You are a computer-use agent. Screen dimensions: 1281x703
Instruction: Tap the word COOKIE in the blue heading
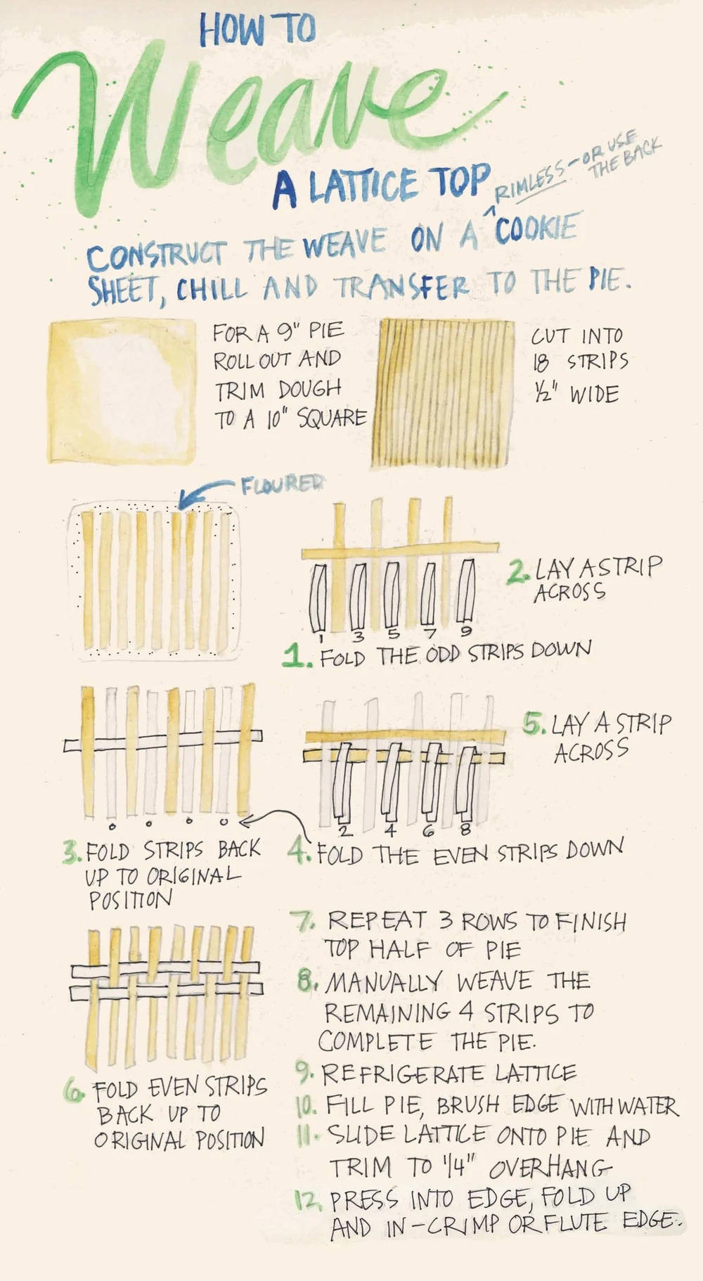click(536, 229)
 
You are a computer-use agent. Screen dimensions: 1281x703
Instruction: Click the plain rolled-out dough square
click(122, 391)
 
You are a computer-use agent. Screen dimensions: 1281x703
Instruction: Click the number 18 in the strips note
click(541, 363)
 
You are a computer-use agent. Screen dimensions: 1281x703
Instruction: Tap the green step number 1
click(296, 657)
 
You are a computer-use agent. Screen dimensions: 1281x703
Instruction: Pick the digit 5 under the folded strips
click(393, 634)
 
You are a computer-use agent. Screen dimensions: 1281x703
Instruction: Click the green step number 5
click(534, 723)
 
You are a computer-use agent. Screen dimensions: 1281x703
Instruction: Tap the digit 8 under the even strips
click(465, 830)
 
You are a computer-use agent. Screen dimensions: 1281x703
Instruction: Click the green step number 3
click(71, 853)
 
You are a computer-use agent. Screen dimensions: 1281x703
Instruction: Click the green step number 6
click(74, 1090)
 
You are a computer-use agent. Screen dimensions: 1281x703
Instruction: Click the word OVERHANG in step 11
click(550, 1168)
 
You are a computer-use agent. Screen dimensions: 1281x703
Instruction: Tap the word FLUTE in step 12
click(575, 1223)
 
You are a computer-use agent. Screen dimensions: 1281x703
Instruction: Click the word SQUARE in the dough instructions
click(332, 419)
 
